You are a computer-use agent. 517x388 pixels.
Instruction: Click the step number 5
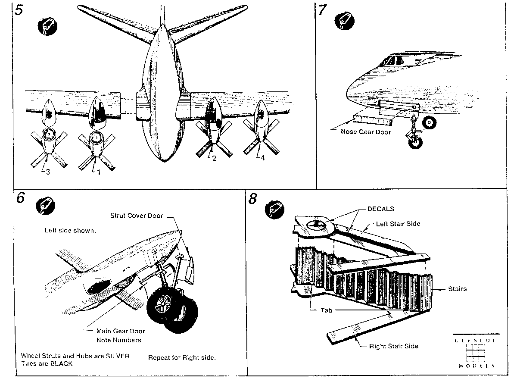click(19, 10)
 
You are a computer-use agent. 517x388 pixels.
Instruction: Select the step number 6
click(21, 197)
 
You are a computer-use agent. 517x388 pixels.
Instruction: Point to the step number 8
click(252, 199)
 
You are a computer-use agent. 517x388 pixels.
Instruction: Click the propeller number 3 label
click(48, 172)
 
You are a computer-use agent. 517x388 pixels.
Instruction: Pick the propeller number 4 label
click(263, 158)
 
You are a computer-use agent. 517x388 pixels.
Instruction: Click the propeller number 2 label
click(214, 158)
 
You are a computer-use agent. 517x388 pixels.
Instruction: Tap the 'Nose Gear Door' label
click(366, 132)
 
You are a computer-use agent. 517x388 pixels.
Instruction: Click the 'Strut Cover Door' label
click(137, 216)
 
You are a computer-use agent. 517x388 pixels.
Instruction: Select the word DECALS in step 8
click(380, 209)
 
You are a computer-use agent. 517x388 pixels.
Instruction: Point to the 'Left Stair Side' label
click(398, 224)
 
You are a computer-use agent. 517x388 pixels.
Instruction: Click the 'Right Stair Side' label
click(394, 346)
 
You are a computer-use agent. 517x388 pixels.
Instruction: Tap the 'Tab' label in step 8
click(327, 310)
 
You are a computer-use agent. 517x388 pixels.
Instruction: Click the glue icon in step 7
click(344, 21)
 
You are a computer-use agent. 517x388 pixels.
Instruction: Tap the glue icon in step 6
click(46, 206)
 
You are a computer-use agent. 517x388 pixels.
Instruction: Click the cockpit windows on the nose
click(392, 60)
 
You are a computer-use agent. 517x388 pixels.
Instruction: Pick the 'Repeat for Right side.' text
click(182, 358)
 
